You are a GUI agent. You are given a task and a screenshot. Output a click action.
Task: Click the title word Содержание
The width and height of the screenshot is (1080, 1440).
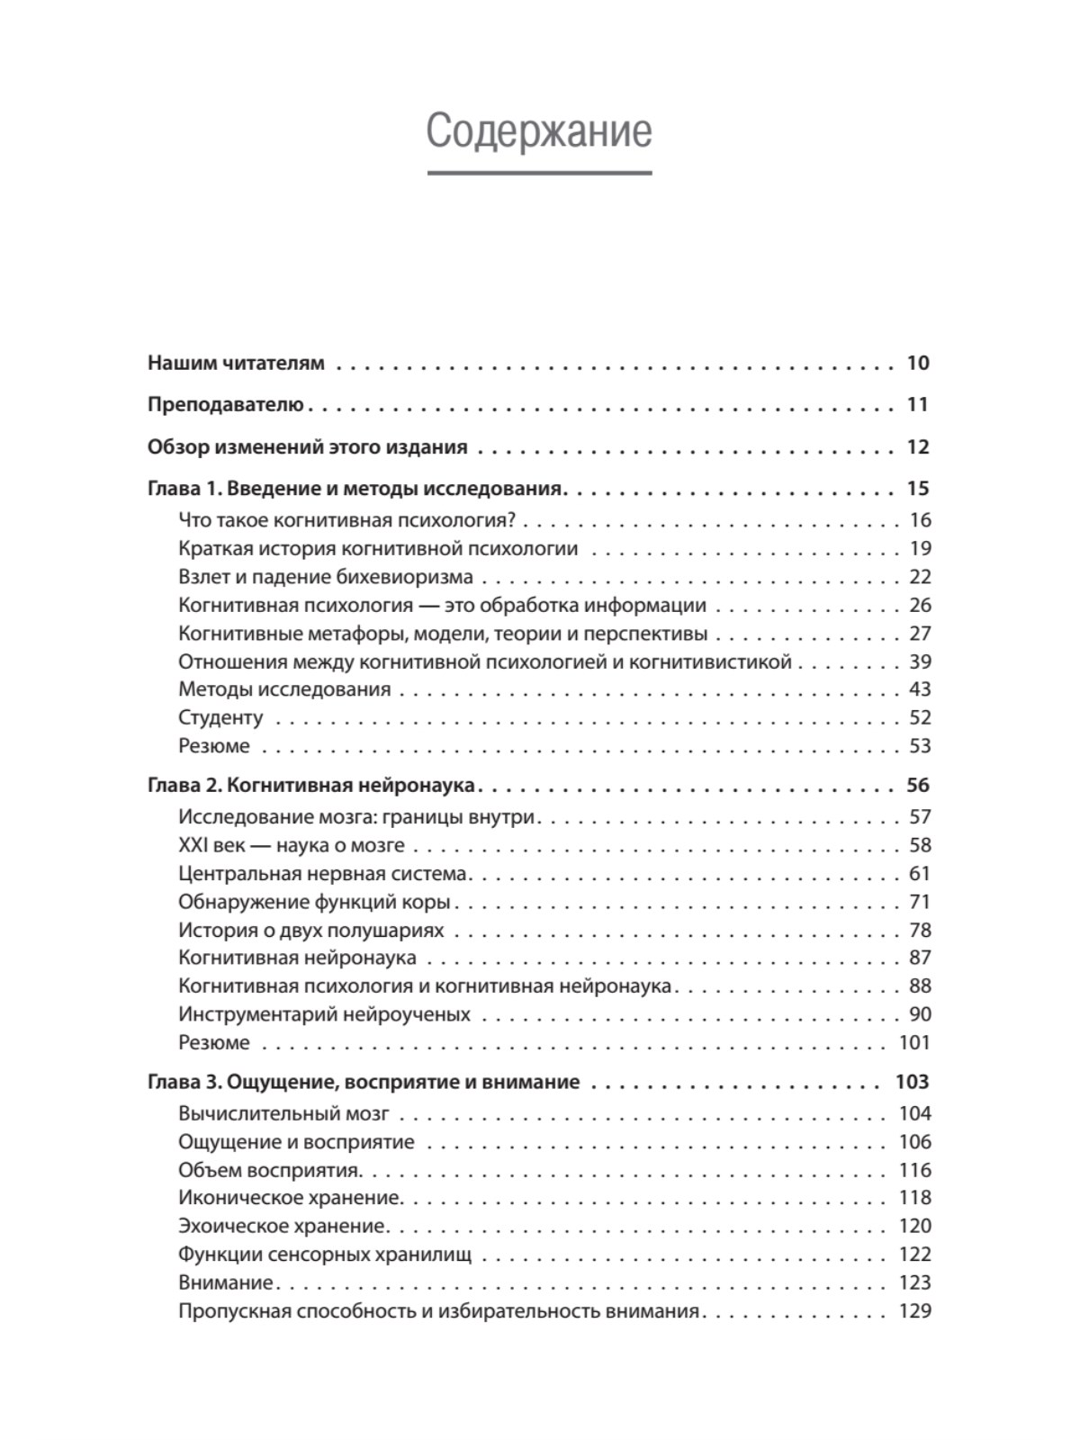pyautogui.click(x=538, y=131)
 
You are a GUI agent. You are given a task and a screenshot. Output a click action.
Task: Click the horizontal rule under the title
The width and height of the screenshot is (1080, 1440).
pyautogui.click(x=538, y=173)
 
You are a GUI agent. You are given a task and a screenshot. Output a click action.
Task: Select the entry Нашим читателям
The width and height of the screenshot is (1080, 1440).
pyautogui.click(x=236, y=364)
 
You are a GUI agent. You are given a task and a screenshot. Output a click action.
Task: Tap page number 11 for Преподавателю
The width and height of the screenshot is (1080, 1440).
pyautogui.click(x=917, y=405)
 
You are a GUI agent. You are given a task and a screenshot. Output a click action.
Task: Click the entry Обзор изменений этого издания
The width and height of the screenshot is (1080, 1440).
pyautogui.click(x=307, y=447)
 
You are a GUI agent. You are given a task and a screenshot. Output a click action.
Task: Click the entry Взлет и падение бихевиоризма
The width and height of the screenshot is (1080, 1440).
pyautogui.click(x=326, y=577)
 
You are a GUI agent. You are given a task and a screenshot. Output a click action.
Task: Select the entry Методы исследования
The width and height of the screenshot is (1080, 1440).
pyautogui.click(x=284, y=689)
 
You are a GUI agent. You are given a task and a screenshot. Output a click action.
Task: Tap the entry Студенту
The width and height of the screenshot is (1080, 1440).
pyautogui.click(x=220, y=717)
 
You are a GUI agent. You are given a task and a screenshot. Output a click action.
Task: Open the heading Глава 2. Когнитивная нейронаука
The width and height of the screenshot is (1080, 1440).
pyautogui.click(x=311, y=786)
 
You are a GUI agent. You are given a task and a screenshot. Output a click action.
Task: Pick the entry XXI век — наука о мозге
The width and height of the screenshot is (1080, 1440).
pyautogui.click(x=292, y=845)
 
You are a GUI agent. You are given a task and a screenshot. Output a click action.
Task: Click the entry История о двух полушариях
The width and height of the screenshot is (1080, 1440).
pyautogui.click(x=311, y=930)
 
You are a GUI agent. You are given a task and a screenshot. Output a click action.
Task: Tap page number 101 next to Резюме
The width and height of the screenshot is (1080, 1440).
pyautogui.click(x=914, y=1042)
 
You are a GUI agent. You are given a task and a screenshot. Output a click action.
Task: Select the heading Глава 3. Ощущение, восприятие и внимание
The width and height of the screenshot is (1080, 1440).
pyautogui.click(x=364, y=1082)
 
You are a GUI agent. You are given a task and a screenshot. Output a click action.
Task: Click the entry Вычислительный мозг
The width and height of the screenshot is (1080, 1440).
pyautogui.click(x=283, y=1113)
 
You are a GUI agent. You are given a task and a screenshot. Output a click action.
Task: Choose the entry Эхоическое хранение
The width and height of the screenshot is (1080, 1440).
pyautogui.click(x=282, y=1226)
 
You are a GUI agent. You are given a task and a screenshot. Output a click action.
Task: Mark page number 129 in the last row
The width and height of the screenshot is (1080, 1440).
pyautogui.click(x=914, y=1310)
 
